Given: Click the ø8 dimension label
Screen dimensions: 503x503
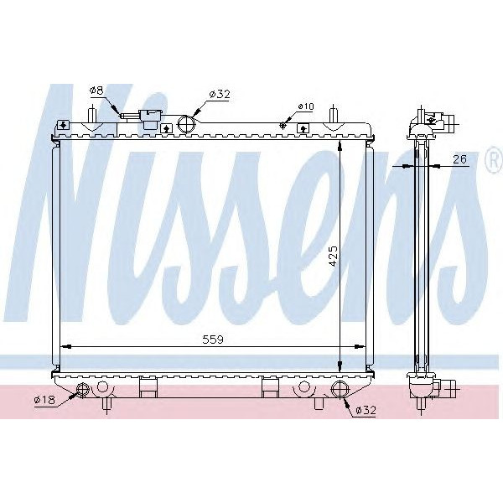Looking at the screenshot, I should [x=96, y=90].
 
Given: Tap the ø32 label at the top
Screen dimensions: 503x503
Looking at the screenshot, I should [x=219, y=95].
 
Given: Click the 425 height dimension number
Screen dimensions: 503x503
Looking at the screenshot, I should [x=332, y=256].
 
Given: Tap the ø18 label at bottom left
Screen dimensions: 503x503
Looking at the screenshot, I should [x=44, y=399].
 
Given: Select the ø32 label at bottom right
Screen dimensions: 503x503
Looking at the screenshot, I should [x=365, y=410].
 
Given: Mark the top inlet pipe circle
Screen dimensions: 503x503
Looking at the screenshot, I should [x=186, y=125].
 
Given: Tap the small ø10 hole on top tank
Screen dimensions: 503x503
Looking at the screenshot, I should [x=283, y=127].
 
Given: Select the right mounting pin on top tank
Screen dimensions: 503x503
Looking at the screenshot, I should [x=333, y=114].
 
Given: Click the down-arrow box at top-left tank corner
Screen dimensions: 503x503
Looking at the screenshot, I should [x=62, y=127].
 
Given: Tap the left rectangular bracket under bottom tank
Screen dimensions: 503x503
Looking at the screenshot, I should [x=148, y=387].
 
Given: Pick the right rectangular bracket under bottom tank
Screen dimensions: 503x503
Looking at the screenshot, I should [x=269, y=387].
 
